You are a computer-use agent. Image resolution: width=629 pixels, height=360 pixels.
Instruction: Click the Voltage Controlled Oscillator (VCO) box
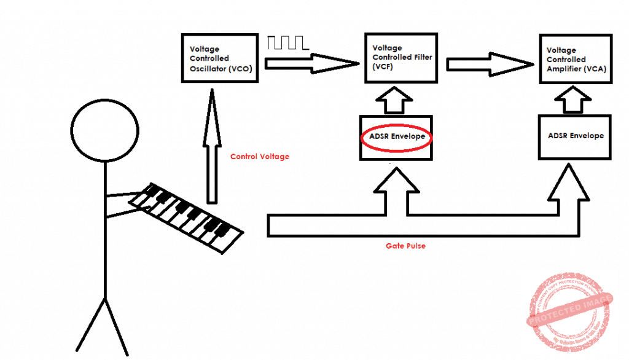click(220, 58)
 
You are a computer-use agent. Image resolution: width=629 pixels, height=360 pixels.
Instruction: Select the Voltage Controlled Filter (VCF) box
click(403, 57)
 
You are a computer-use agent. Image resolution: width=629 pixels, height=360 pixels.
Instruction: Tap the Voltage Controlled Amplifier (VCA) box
click(576, 60)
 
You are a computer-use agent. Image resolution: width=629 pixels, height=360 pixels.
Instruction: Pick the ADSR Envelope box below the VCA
click(575, 136)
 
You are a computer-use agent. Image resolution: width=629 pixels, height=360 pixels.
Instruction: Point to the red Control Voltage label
click(259, 157)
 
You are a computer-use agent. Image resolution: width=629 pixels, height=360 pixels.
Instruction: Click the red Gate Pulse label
click(405, 246)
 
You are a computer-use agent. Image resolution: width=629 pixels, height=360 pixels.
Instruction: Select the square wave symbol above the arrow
click(287, 43)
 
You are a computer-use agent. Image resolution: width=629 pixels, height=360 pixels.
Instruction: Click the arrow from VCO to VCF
click(310, 63)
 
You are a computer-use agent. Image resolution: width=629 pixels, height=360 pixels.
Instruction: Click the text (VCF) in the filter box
click(382, 66)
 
